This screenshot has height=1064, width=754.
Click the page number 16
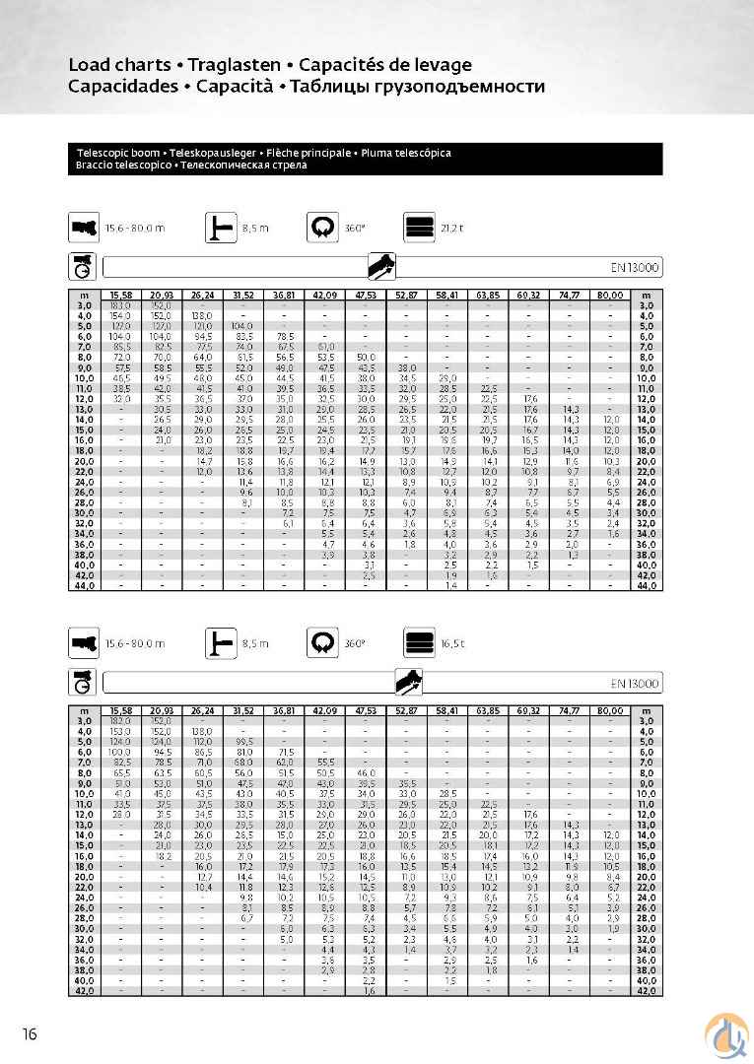[31, 1033]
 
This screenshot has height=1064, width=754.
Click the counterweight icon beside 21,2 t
[418, 228]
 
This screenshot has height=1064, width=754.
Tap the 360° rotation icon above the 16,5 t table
[321, 643]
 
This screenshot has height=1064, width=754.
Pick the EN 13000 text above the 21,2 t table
[636, 267]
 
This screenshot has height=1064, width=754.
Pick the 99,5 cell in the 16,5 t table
[242, 742]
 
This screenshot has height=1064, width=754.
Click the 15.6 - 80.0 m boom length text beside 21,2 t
[135, 228]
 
